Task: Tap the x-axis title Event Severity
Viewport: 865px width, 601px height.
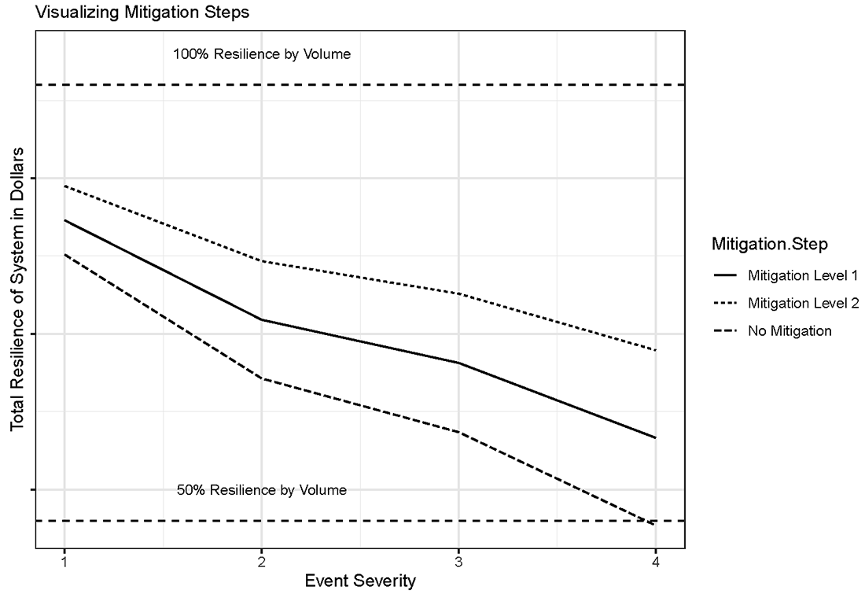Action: tap(359, 582)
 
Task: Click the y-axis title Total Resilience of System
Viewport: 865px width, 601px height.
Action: tap(17, 287)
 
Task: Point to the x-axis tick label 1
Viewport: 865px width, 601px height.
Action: tap(64, 562)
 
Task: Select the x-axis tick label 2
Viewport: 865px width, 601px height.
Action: tap(261, 562)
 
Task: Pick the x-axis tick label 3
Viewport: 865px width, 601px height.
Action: tap(458, 562)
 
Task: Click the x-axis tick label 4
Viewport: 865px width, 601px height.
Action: tap(655, 562)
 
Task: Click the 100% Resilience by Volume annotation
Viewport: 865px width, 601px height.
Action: tap(262, 55)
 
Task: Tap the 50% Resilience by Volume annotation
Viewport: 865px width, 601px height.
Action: tap(262, 490)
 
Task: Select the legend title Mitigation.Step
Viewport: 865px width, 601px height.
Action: tap(769, 245)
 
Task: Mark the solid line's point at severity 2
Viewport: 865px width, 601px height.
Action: tap(261, 320)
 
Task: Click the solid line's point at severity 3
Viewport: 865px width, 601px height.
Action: tap(458, 363)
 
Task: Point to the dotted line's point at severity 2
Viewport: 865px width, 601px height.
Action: tap(261, 261)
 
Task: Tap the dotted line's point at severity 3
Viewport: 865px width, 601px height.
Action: tap(458, 294)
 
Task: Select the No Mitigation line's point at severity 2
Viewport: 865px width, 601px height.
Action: tap(261, 378)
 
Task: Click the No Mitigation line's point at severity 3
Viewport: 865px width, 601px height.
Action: tap(458, 433)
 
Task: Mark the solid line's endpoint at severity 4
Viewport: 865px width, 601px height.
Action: tap(655, 437)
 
